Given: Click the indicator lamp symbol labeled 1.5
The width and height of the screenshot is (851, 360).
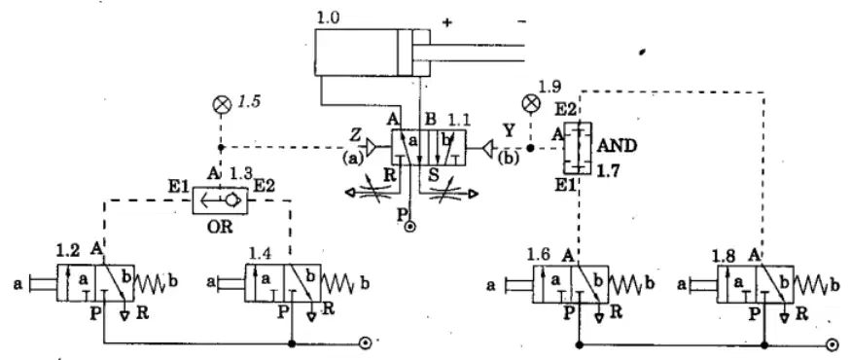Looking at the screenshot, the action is [221, 105].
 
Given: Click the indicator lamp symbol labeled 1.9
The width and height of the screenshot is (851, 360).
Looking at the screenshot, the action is [530, 102].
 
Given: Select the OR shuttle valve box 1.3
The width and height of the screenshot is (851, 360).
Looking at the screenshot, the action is [220, 200].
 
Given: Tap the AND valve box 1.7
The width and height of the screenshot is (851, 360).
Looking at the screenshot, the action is [578, 148].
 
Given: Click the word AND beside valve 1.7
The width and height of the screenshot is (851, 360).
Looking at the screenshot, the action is [617, 146].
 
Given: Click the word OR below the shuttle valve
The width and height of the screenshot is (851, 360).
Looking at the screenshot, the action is [219, 227].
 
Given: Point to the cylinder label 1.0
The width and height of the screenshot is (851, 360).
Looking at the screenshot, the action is [328, 18].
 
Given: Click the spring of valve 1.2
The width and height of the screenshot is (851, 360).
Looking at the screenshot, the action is [149, 283].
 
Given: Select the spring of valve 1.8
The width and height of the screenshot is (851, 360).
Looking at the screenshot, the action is [808, 284].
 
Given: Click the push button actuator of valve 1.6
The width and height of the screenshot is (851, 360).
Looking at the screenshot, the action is [518, 284].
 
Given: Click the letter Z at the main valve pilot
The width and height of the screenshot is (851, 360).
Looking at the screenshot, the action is [356, 134].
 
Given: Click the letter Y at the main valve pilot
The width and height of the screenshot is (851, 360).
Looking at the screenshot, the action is [509, 130].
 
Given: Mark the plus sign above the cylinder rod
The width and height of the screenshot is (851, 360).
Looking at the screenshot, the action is [446, 22].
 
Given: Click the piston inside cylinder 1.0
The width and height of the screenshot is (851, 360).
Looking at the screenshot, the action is [405, 53].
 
